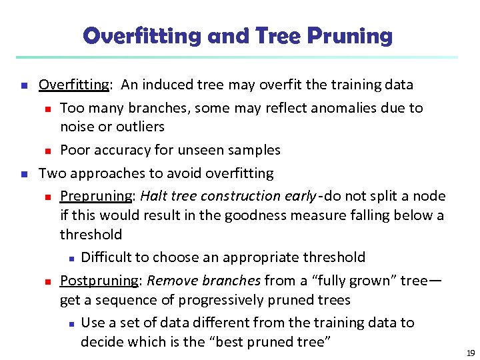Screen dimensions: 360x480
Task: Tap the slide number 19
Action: click(470, 353)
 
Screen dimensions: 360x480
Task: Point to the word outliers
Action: click(140, 127)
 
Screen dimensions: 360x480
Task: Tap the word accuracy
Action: click(117, 150)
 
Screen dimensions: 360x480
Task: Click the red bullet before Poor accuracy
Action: click(48, 151)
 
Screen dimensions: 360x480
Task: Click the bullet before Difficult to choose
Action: click(69, 258)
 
